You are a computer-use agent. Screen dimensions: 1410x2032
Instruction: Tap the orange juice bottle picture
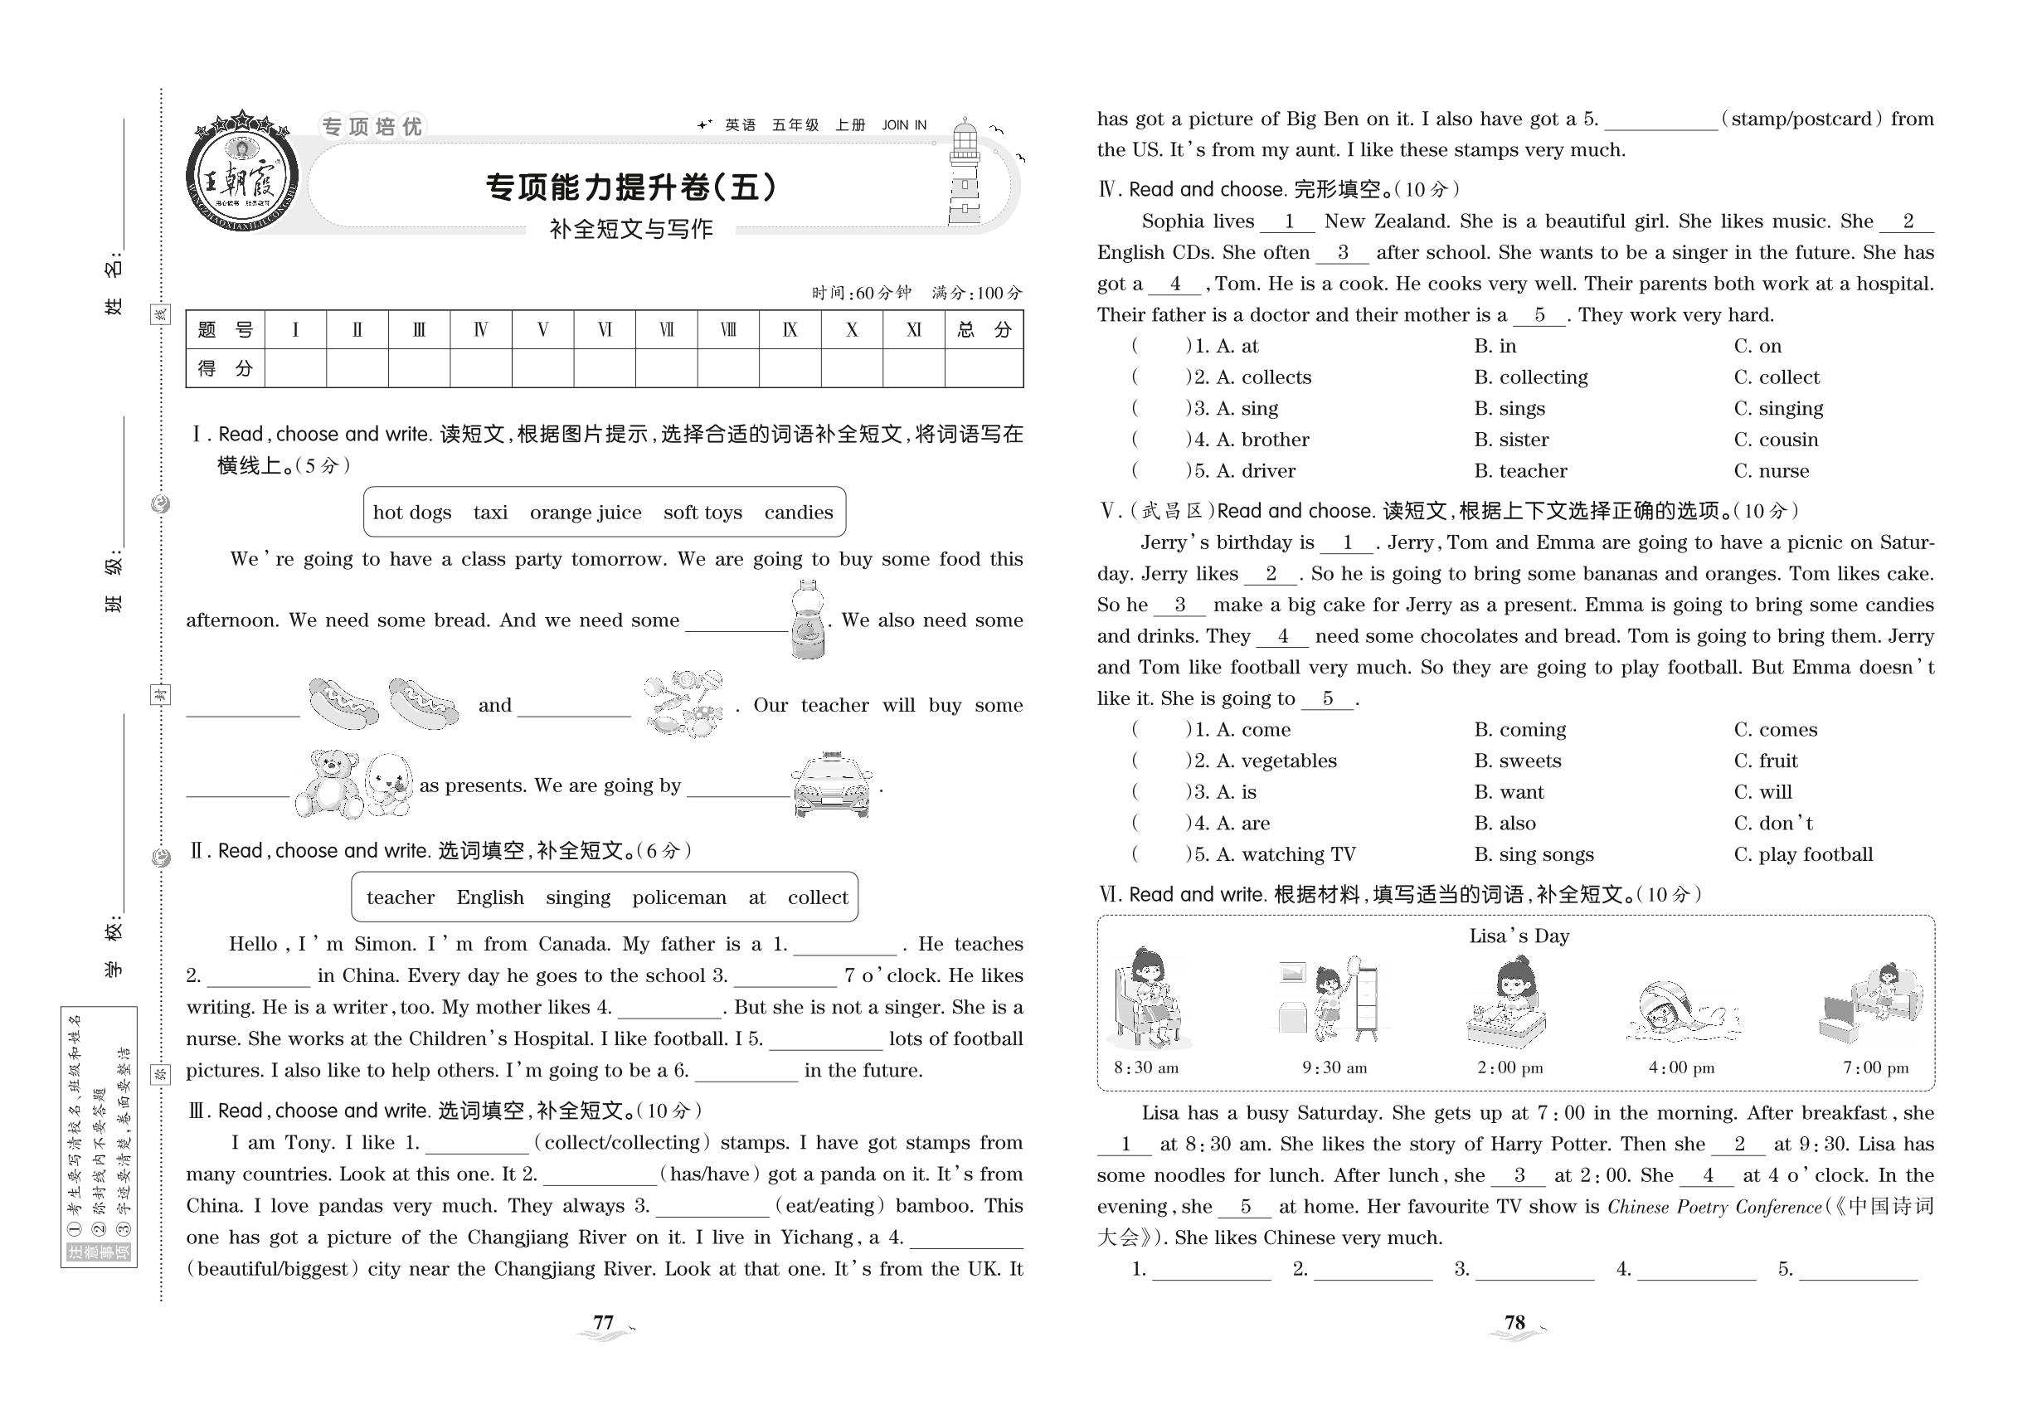click(808, 620)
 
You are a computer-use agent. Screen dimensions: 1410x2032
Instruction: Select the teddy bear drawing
click(329, 784)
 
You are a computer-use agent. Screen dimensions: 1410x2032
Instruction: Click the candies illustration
click(683, 704)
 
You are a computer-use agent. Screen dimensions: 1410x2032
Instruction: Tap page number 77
click(604, 1323)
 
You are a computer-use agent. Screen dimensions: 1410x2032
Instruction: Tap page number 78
click(1514, 1323)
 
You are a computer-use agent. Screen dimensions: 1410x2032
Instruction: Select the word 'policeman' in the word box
click(678, 897)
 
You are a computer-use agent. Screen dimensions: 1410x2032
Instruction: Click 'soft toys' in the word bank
click(702, 513)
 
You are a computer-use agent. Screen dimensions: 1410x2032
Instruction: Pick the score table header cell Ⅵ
click(605, 330)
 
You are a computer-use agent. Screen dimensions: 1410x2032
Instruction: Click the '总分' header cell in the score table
click(984, 330)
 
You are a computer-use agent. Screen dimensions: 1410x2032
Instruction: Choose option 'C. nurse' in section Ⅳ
click(1771, 471)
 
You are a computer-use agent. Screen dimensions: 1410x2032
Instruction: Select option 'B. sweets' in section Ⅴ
click(1517, 761)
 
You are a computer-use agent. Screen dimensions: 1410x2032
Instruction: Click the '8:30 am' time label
click(1146, 1068)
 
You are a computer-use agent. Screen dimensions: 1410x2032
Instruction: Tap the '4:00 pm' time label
click(1680, 1068)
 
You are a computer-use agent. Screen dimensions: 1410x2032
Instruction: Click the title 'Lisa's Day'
click(1519, 936)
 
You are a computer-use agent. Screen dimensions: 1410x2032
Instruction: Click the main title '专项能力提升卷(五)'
click(631, 187)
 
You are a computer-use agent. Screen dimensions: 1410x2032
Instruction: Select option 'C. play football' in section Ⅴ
click(1802, 854)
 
